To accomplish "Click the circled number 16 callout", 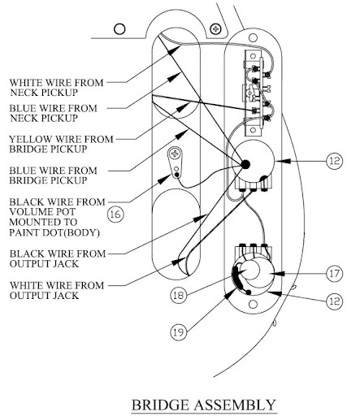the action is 115,214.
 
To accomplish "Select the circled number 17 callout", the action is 334,274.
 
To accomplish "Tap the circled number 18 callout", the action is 179,295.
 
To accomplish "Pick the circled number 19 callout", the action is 179,331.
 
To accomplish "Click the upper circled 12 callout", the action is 335,161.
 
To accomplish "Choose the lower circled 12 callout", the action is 334,301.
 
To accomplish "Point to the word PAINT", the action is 23,232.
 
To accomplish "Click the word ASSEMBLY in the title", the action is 235,405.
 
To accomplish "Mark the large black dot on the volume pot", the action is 245,164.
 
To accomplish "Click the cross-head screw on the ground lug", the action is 175,154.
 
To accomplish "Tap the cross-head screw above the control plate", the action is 216,28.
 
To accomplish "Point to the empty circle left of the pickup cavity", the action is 119,28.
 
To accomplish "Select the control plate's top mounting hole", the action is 253,37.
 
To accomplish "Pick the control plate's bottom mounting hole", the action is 253,304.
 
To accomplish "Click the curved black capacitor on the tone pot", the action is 238,279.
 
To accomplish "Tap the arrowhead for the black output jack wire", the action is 202,218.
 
